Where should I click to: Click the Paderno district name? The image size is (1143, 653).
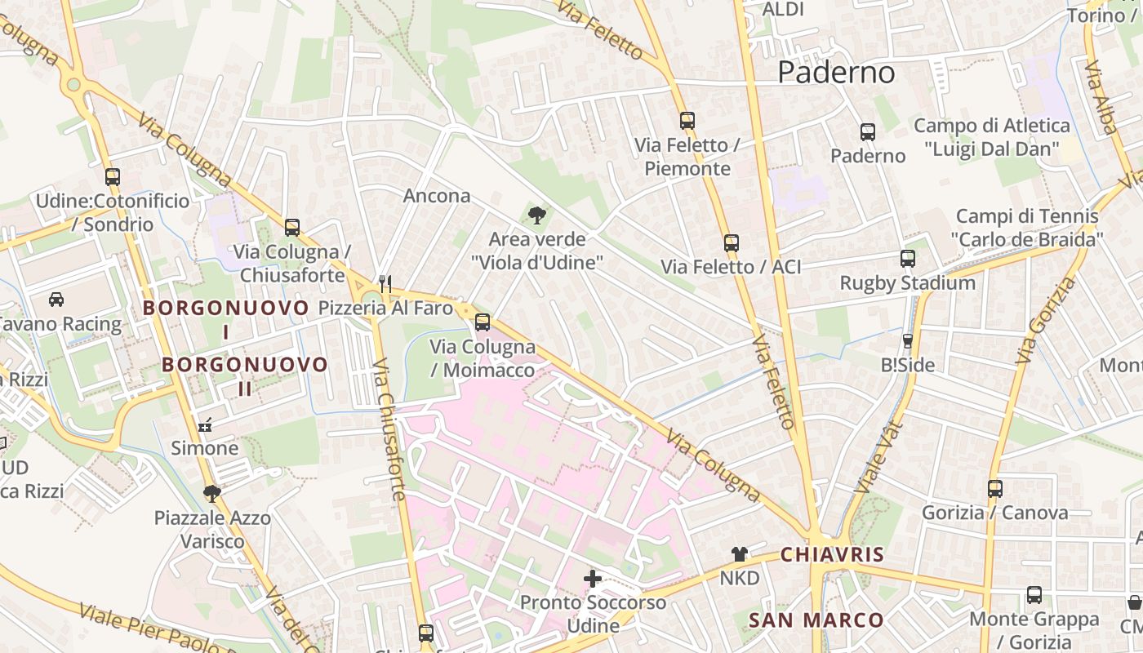836,73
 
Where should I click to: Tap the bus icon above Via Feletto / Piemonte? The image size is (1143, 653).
687,121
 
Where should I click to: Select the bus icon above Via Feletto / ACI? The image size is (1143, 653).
732,242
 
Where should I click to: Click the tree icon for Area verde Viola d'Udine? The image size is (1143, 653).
537,215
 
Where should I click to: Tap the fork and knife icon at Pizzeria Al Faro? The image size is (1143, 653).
386,284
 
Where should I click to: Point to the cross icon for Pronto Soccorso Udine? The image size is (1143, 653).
593,579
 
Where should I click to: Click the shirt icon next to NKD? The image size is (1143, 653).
740,554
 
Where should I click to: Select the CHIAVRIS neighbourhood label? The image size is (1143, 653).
832,555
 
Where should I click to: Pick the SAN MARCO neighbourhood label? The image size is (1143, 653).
816,620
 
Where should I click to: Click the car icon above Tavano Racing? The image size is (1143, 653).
56,300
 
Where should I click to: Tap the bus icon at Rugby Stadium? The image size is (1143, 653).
908,259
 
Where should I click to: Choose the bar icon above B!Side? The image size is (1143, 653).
907,340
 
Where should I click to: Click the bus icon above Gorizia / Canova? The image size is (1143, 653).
995,489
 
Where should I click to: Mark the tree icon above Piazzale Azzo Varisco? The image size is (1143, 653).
212,493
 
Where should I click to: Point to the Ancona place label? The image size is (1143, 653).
437,196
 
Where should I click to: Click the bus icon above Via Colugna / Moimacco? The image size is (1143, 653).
483,322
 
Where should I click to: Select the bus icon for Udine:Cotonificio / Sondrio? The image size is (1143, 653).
113,176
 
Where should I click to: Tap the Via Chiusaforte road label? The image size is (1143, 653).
389,429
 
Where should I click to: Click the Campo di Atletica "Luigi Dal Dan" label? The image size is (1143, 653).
991,137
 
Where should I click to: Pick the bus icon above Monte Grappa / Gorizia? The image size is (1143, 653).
1034,595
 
